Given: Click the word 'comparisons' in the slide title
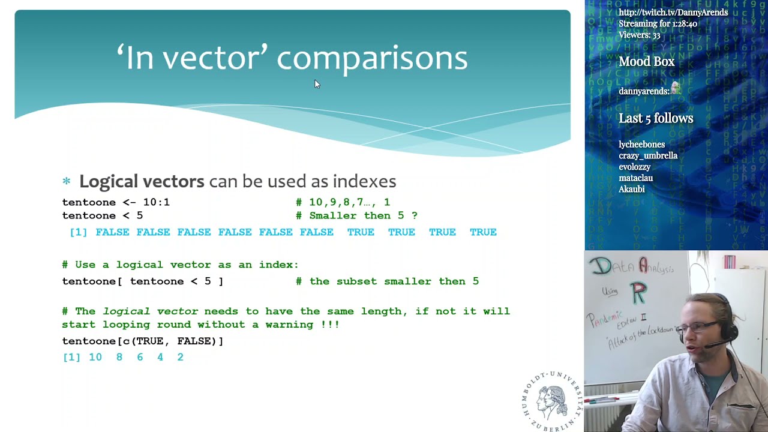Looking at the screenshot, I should [x=371, y=59].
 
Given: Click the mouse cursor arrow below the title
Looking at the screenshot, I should [x=317, y=85].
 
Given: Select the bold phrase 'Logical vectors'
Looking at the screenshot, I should [x=142, y=181].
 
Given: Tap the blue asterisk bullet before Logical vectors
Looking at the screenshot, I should [x=67, y=181].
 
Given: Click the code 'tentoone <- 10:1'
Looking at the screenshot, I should [x=116, y=202].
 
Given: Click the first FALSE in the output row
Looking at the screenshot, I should [x=112, y=232].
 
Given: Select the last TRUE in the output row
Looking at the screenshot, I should [x=483, y=232].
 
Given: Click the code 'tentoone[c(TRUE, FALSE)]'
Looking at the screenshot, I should [x=143, y=341].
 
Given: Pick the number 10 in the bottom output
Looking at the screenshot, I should [x=95, y=357].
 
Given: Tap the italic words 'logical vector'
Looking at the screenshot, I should [x=150, y=311].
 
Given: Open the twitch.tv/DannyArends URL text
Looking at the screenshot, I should [x=673, y=13].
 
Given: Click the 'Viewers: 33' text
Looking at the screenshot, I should [x=640, y=35].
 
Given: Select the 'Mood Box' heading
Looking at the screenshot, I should [x=647, y=62].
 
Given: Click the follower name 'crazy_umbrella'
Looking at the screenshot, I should [x=648, y=156].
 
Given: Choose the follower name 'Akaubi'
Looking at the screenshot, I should [x=632, y=190].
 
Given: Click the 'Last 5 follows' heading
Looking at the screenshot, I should [x=656, y=118].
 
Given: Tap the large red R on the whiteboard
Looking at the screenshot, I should [x=638, y=293].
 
